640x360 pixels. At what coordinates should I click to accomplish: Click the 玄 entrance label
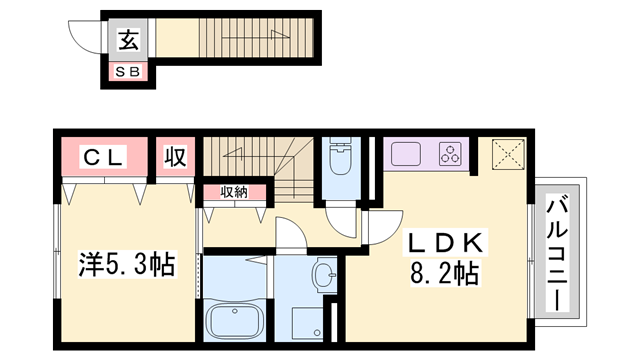129,39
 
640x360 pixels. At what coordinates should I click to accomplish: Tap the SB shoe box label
128,72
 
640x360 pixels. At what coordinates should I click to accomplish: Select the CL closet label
103,157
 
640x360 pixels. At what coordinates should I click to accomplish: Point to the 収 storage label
176,157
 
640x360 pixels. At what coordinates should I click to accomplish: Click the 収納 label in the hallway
234,192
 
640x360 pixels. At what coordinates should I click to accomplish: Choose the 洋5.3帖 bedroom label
127,264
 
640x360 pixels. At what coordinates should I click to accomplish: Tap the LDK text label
445,242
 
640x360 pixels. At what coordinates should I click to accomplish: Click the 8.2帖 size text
444,273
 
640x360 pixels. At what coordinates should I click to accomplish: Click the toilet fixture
340,156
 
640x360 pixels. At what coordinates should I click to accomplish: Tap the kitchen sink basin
406,154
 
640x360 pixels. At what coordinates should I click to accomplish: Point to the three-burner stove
450,154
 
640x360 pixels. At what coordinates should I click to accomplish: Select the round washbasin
323,274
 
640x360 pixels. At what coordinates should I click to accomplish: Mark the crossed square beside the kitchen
508,154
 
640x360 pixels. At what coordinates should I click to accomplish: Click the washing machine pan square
307,323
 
